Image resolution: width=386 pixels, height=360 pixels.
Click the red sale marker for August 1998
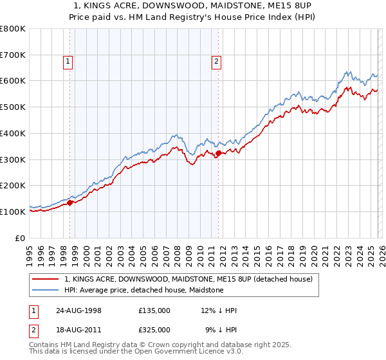[70, 203]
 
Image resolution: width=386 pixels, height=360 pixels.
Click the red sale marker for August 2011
[218, 153]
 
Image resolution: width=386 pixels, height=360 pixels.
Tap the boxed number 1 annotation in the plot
[68, 62]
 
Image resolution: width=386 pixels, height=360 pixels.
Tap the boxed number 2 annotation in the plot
[216, 62]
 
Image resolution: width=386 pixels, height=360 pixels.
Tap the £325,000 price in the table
[154, 329]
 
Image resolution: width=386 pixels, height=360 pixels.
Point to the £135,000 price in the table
[154, 310]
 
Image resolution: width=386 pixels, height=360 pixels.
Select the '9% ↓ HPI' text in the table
[221, 329]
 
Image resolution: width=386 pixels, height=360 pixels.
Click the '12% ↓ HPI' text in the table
[219, 310]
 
